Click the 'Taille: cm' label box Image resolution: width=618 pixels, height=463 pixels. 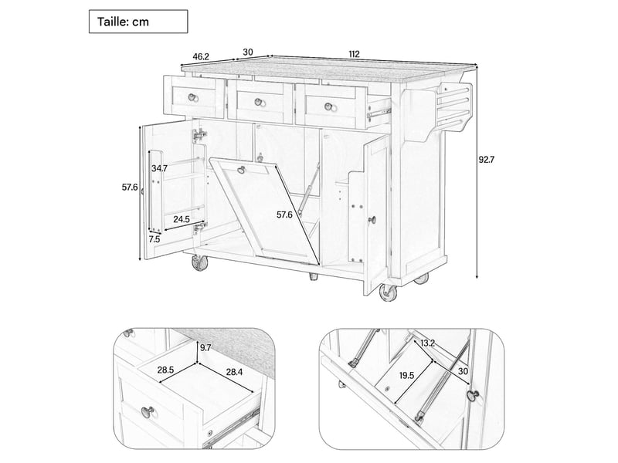tap(138, 22)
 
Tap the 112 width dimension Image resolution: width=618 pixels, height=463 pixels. tap(354, 54)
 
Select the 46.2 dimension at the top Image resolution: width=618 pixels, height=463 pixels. tap(201, 56)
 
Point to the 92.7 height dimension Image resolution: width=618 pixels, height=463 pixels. tap(487, 160)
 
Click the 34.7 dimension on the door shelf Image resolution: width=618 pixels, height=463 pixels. tap(160, 168)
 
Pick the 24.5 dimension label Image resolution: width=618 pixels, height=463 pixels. tap(182, 220)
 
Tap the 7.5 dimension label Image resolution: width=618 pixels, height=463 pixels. tap(154, 239)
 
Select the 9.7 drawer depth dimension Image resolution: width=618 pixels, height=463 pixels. tap(205, 348)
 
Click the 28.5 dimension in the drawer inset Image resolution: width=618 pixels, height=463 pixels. tap(165, 370)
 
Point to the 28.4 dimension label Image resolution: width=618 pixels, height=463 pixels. tap(234, 372)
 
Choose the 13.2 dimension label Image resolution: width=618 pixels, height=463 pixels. tap(427, 343)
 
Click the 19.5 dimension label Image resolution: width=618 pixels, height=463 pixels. tap(407, 376)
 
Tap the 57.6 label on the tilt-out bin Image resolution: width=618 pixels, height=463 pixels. tap(284, 215)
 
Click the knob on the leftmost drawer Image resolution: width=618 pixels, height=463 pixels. tap(192, 97)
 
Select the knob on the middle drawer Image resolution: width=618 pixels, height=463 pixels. tap(259, 102)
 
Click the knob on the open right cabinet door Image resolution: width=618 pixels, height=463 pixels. tap(372, 221)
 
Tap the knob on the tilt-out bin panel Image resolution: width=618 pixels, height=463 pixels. tap(241, 170)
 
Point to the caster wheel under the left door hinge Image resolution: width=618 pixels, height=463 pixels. tap(200, 262)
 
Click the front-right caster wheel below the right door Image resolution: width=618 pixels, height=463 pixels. tap(388, 293)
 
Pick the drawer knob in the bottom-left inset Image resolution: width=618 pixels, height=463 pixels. tap(148, 413)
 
